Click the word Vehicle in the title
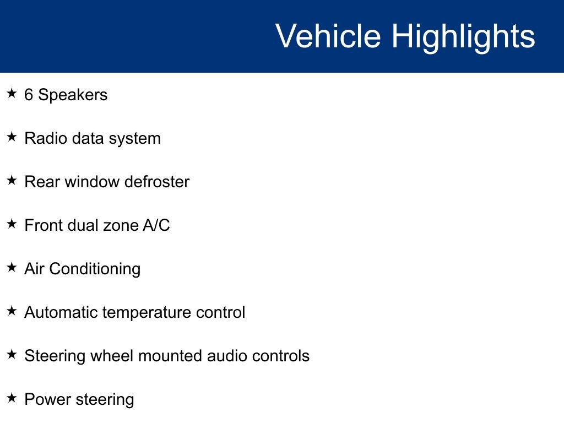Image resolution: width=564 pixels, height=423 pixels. click(x=328, y=36)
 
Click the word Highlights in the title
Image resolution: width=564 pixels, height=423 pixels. click(x=463, y=37)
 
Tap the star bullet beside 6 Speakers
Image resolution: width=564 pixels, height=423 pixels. click(x=12, y=94)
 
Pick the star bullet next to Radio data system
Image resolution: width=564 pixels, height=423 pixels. click(x=12, y=137)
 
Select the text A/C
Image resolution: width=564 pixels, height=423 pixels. click(x=158, y=225)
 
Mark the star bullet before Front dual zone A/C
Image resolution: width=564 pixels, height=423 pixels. click(x=12, y=224)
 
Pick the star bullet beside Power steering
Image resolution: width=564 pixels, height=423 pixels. click(x=12, y=398)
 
